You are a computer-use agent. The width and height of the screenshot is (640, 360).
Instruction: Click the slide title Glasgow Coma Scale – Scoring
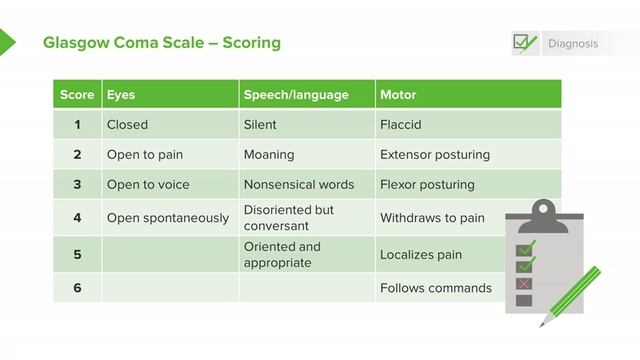pos(162,43)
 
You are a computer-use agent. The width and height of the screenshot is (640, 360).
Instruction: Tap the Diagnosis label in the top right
pos(573,44)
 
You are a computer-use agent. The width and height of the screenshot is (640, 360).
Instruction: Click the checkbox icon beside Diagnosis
pos(524,43)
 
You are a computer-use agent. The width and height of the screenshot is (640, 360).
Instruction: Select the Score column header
pos(77,95)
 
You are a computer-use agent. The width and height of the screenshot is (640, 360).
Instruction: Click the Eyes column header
pos(121,95)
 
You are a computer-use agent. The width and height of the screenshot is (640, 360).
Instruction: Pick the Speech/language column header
pos(296,95)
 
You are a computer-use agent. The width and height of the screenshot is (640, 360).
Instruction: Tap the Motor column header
pos(398,95)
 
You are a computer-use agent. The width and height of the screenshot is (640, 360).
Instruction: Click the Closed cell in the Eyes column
pos(127,125)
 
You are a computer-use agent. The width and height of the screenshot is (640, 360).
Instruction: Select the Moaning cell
pos(269,155)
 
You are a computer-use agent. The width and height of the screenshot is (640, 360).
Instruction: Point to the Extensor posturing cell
pos(435,155)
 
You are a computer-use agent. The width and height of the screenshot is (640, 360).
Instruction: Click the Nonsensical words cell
pos(299,185)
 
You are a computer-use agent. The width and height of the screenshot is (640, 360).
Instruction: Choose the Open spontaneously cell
pos(168,217)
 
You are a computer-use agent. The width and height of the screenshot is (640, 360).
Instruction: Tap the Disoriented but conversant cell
pos(289,217)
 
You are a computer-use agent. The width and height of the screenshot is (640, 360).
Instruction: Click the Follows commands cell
pos(436,288)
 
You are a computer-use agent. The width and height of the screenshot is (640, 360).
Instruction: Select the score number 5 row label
pos(77,255)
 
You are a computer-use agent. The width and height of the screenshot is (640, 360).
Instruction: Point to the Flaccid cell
pos(401,125)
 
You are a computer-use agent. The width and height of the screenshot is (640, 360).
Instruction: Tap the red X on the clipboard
pos(524,283)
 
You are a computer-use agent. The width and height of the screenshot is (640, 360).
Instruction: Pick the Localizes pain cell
pos(421,255)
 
